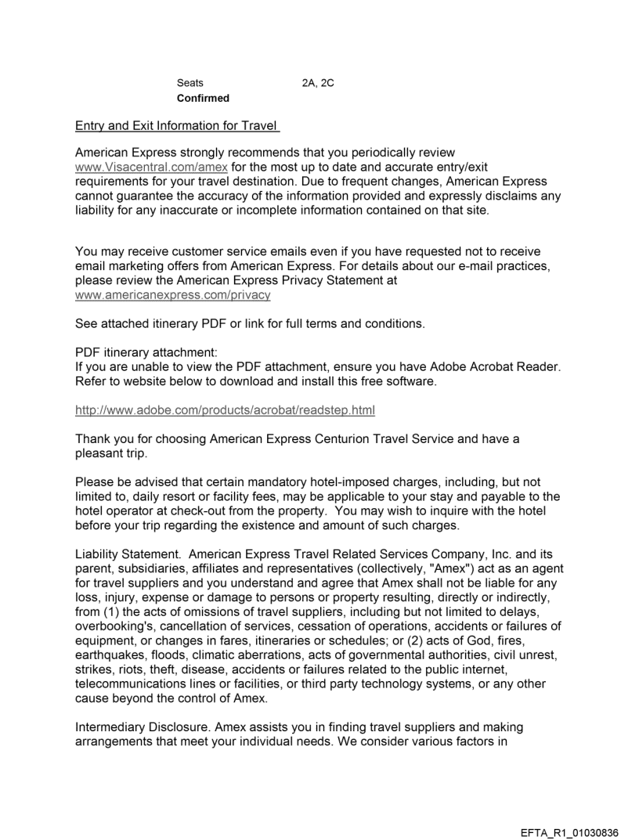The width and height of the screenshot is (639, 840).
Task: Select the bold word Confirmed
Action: (203, 98)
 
